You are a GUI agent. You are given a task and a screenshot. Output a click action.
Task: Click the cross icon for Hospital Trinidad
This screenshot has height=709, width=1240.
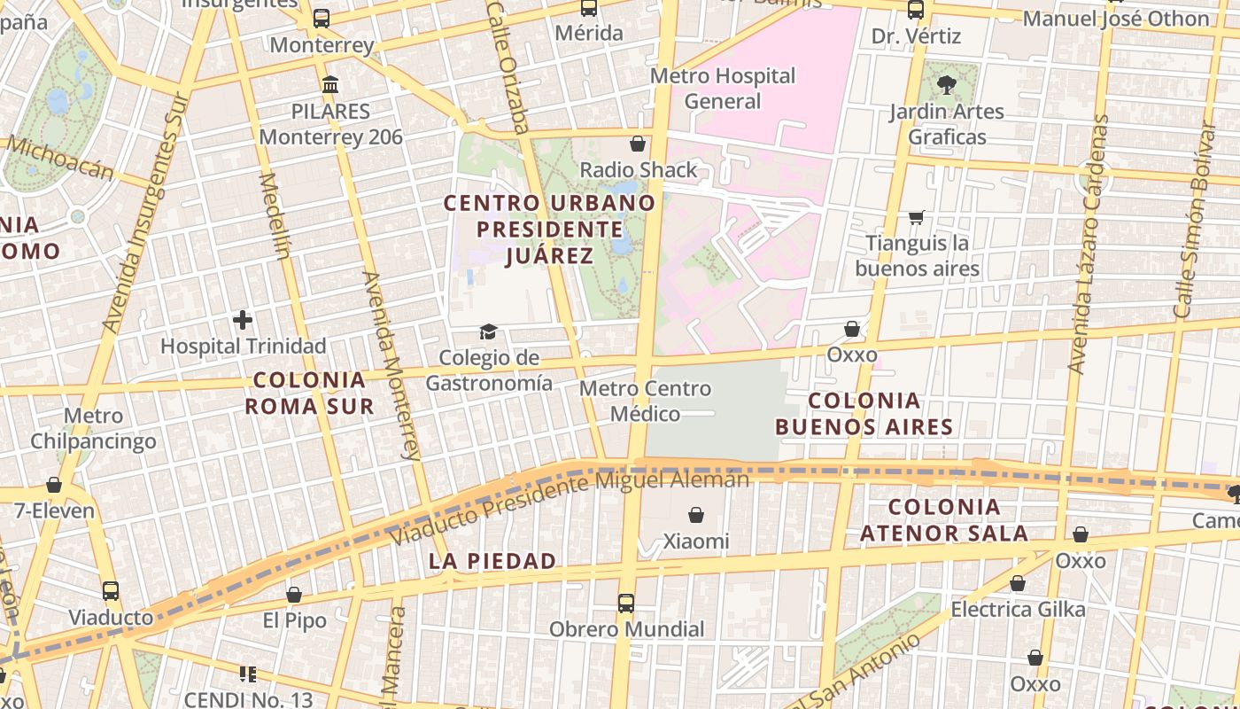click(x=243, y=320)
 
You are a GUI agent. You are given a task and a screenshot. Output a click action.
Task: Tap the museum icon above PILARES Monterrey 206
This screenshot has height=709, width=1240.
click(x=330, y=85)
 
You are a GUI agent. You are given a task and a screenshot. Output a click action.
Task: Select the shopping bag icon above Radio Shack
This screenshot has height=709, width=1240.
click(x=637, y=144)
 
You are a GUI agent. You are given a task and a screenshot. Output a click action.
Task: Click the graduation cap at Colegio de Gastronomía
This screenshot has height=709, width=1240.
click(x=488, y=332)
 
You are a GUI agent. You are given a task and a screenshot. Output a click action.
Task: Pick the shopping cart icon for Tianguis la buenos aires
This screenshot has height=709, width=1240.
click(x=917, y=217)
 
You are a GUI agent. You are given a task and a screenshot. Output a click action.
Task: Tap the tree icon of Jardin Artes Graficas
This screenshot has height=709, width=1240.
click(x=946, y=85)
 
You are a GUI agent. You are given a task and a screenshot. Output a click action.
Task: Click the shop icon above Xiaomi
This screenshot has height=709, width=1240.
click(x=696, y=515)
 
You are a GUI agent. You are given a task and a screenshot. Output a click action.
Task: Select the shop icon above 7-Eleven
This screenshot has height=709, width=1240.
click(x=54, y=485)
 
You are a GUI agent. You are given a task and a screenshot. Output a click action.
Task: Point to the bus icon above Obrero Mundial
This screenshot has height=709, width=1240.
click(x=626, y=604)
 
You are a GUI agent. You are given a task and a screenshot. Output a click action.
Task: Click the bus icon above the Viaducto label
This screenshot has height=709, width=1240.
click(x=111, y=591)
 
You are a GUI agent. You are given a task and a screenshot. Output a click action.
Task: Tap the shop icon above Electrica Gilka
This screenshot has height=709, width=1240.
click(x=1018, y=584)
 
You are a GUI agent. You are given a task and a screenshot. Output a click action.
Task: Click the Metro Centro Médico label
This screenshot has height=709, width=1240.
click(x=645, y=401)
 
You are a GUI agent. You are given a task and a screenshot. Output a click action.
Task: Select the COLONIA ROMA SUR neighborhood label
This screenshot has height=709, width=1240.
click(x=309, y=393)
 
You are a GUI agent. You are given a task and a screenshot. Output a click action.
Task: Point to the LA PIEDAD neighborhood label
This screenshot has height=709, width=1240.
click(x=492, y=561)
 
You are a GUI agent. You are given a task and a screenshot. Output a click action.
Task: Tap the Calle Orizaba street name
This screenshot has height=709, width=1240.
click(x=508, y=66)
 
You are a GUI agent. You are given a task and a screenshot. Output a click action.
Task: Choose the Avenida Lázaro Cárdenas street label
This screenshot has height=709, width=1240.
click(x=1089, y=244)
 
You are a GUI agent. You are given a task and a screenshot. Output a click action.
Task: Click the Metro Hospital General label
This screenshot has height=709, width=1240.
click(x=723, y=89)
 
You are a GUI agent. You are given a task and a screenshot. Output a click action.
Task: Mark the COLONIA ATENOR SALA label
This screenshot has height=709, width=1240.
click(x=944, y=520)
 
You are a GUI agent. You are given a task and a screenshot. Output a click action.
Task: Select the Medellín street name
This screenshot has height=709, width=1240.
click(x=275, y=215)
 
